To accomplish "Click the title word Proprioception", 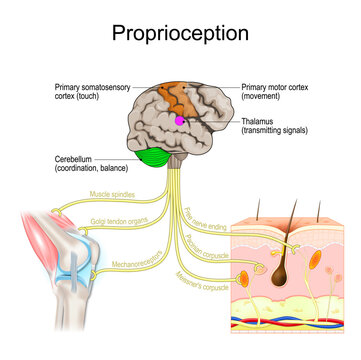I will point(181,33).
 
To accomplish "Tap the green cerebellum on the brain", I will point(155,157).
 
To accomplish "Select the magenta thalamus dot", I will point(180,120).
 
